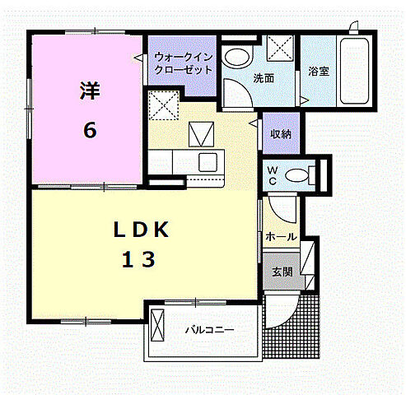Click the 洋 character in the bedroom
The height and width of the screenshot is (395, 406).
click(x=87, y=91)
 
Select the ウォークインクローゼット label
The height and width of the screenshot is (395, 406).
click(x=184, y=63)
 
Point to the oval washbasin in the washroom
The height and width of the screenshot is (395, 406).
click(x=237, y=57)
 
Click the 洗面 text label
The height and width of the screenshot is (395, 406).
click(x=264, y=79)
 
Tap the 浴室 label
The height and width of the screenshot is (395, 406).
click(x=319, y=71)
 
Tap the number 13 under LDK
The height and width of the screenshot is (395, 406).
click(x=140, y=260)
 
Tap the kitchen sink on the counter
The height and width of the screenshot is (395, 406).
click(x=207, y=160)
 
